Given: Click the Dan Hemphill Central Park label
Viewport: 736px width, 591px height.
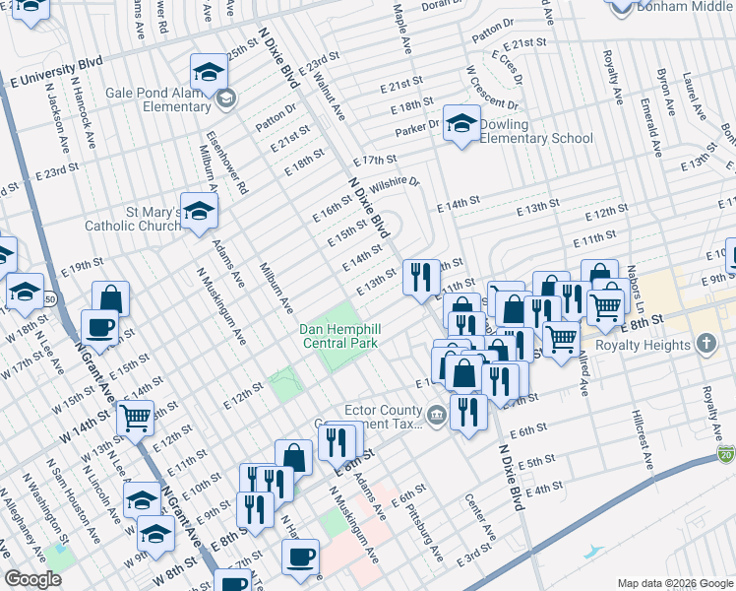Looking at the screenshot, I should click(338, 335).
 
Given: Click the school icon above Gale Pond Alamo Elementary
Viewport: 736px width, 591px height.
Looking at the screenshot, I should click(208, 71).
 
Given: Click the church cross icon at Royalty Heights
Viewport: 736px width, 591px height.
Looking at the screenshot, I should click(705, 344).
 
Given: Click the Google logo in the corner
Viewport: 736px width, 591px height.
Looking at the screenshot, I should click(32, 579).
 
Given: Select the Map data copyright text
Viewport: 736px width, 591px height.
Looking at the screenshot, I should click(675, 582).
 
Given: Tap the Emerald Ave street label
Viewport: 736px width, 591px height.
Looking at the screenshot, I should click(650, 127).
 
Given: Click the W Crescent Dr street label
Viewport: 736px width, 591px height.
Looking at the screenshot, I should click(493, 89).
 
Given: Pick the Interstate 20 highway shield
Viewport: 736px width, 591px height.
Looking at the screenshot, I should click(726, 454).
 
